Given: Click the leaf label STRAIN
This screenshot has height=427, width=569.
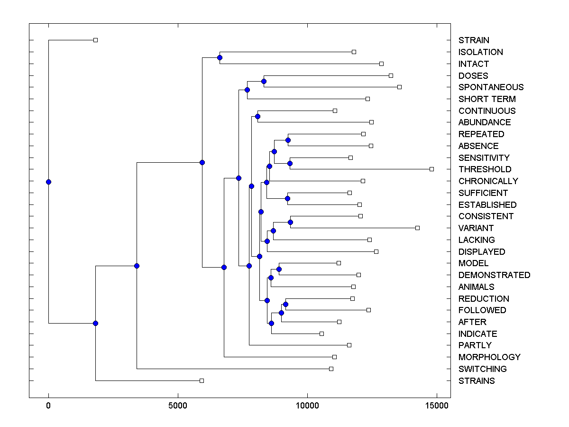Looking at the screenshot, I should coord(474,40).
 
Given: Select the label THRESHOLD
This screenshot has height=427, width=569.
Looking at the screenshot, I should coord(485,169).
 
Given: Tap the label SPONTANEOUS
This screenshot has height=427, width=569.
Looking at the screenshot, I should coord(491,87).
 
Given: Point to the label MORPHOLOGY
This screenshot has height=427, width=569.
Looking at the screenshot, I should coord(489,357).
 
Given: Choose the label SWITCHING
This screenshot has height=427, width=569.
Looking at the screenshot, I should coord(482,369).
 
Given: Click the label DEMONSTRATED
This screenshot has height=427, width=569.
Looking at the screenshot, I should coord(494,275).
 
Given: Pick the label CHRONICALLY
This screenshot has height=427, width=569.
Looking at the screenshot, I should coord(488,181).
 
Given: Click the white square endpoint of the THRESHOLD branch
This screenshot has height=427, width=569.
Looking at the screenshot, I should coord(431,169).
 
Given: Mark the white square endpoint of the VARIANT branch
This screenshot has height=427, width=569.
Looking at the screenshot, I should coord(417,228).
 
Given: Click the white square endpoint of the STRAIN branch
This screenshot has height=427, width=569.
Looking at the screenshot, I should coord(95,40).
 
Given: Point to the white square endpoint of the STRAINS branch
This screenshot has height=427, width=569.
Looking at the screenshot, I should coord(202,381).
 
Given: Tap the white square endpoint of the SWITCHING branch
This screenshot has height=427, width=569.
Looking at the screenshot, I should coord(331,369).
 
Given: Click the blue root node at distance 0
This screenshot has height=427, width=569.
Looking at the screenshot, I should coord(48,182).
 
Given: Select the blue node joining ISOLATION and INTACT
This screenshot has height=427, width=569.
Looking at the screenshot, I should coord(220,58).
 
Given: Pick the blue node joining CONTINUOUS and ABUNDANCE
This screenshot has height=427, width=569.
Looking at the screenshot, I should coord(257,116).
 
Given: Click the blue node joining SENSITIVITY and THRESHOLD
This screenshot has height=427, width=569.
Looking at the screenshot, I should coord(290,163).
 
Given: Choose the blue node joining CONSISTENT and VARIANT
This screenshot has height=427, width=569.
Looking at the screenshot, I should coord(290,222).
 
